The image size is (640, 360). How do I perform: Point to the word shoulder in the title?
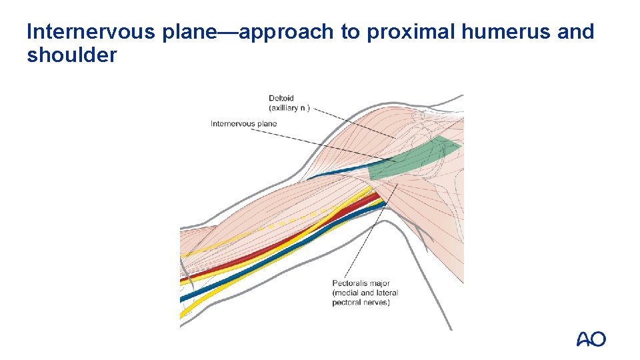71,55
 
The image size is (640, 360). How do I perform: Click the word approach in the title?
283,31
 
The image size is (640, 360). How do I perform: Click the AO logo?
591,339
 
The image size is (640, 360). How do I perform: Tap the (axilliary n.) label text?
289,108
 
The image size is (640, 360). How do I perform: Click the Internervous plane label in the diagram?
243,123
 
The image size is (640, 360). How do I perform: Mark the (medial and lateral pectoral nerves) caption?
365,297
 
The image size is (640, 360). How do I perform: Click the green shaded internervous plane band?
413,159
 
